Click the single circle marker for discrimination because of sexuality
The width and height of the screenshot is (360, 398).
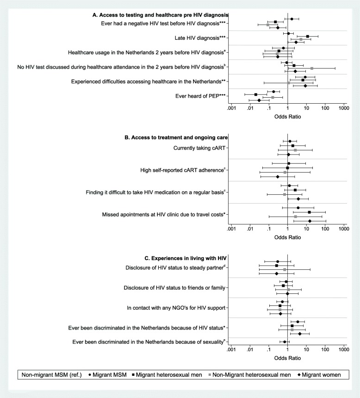point(285,342)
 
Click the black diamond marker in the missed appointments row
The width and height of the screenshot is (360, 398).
point(310,221)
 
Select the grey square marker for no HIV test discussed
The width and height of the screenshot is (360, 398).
point(312,68)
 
